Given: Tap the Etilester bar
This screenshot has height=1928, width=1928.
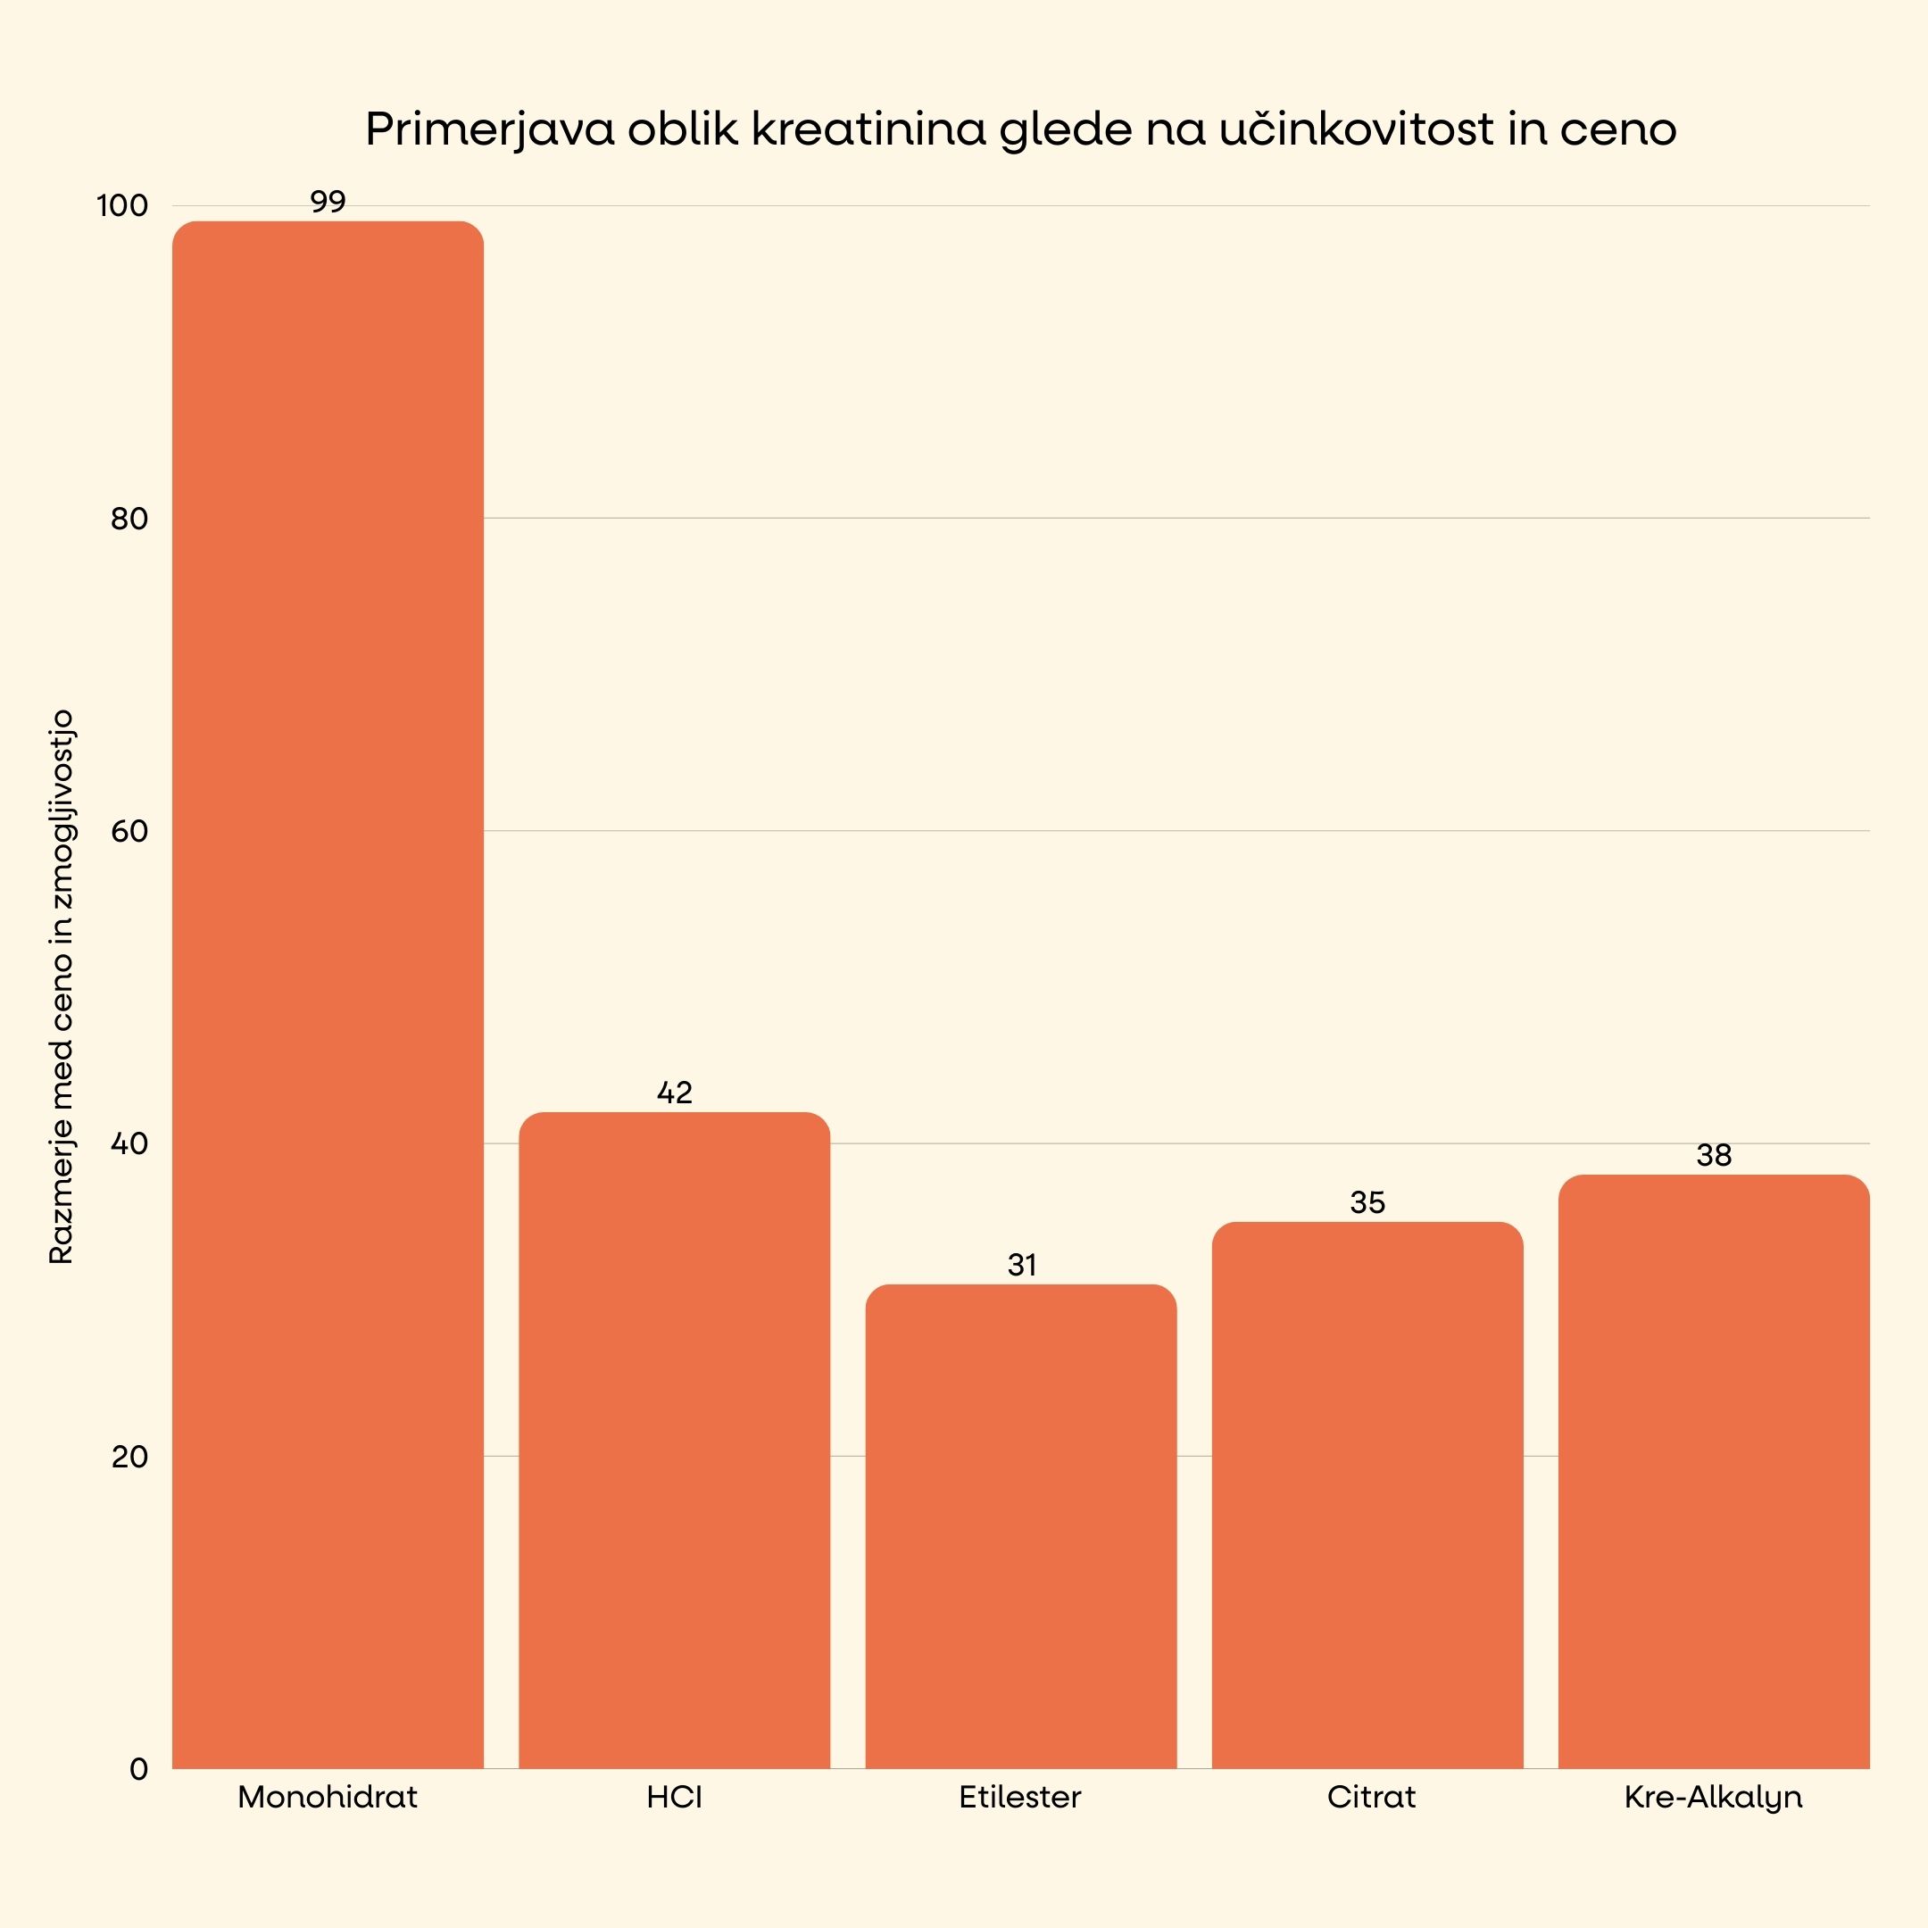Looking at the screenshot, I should pos(1020,1527).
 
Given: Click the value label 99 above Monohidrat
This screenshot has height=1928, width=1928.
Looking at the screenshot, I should pos(328,203).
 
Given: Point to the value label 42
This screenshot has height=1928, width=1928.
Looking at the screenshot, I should pos(674,1093).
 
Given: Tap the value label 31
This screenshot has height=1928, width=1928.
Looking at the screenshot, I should pos(1021,1266).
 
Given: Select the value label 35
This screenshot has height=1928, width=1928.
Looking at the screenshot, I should pos(1367,1202).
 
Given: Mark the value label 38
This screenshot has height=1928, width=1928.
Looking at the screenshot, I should pos(1714,1156).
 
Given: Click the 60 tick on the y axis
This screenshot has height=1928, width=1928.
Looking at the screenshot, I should pos(129,831).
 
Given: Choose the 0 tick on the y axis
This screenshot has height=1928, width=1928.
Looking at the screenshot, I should pos(138,1769).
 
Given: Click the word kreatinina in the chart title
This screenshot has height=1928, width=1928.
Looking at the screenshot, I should pos(868,129).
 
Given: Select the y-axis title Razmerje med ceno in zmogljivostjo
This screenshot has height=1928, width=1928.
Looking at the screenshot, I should pos(62,986).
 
